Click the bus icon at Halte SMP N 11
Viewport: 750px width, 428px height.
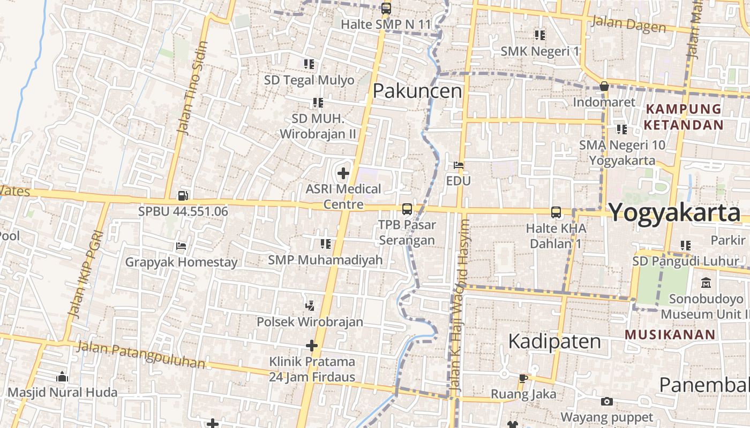pos(386,9)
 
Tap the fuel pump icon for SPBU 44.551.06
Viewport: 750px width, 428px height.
pos(183,196)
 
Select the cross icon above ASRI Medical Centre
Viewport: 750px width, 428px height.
pos(343,173)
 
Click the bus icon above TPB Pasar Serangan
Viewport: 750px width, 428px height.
pos(407,209)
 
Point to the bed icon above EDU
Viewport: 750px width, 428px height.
pos(459,165)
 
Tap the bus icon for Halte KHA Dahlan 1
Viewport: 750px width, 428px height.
pos(556,212)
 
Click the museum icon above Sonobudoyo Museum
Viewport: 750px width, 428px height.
pos(706,282)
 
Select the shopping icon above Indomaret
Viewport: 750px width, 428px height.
pos(604,86)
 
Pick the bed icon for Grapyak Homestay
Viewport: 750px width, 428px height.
pos(181,247)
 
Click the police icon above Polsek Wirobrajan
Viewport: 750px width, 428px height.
pos(309,306)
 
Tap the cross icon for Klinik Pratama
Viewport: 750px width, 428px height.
pos(312,346)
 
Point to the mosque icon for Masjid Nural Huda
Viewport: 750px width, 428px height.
pos(62,377)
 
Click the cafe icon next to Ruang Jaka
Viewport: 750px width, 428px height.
pos(523,379)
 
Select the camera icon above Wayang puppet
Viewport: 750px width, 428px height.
pos(606,401)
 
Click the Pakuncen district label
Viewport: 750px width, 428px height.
pos(417,91)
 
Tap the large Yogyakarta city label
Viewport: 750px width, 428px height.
pos(674,212)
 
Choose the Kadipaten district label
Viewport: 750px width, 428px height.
pos(554,341)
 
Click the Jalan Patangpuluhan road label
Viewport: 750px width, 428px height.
pos(141,354)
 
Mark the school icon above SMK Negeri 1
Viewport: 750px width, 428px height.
pos(540,35)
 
